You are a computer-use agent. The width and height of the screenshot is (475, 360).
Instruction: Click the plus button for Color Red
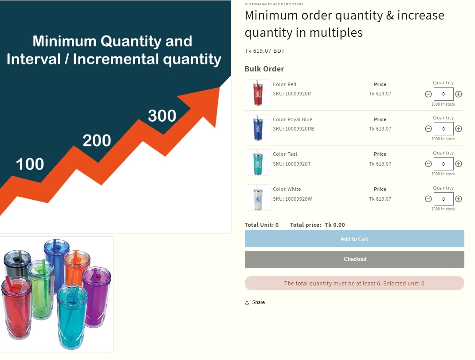coord(459,94)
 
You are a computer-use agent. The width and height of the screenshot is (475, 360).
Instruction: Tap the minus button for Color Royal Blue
coord(428,129)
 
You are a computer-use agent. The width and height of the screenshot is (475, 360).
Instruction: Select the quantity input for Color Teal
coord(444,164)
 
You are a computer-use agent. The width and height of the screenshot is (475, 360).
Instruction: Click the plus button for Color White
coord(459,199)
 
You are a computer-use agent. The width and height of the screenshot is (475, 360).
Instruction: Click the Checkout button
coord(354,259)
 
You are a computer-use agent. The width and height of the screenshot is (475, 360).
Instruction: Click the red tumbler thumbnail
coord(258,93)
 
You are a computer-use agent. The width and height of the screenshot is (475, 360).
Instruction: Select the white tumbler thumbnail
coord(258,198)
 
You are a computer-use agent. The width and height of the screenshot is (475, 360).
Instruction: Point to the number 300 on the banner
coord(162,116)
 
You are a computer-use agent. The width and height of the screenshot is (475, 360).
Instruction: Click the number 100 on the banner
coord(30,164)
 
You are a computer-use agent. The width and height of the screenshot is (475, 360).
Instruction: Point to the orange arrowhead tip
coord(219,88)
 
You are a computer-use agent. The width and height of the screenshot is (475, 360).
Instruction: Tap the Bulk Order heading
coord(264,69)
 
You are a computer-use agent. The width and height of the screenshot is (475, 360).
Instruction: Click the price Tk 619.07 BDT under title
coord(265,51)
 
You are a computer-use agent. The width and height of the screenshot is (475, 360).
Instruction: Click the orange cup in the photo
coord(77,269)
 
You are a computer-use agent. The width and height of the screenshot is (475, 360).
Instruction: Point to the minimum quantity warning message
coord(354,283)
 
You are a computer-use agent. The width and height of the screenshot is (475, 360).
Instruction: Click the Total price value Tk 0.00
coord(335,225)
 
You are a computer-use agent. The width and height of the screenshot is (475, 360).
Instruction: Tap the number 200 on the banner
coord(97,141)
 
